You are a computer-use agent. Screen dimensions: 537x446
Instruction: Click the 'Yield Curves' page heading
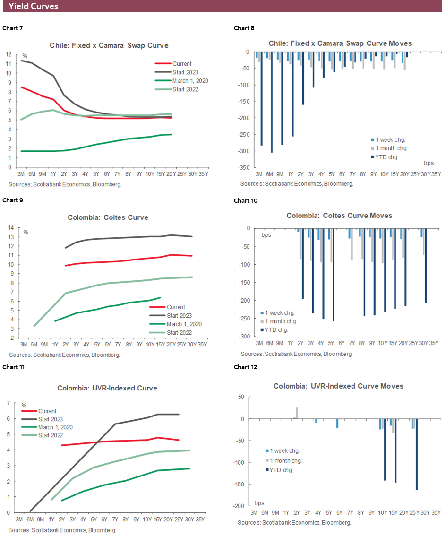click(x=34, y=7)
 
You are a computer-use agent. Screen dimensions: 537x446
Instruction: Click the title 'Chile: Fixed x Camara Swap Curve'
click(x=109, y=45)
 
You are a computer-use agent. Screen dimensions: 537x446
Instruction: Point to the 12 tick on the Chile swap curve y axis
click(x=8, y=54)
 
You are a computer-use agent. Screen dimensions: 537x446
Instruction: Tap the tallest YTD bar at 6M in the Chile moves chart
click(x=272, y=102)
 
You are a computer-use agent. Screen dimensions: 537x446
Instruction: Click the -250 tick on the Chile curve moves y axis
click(x=245, y=135)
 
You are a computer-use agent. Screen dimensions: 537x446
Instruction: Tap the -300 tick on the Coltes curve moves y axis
click(x=245, y=336)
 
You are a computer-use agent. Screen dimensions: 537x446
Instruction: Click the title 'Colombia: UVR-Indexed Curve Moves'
click(x=338, y=386)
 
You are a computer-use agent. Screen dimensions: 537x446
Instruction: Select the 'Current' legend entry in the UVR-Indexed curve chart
click(x=47, y=411)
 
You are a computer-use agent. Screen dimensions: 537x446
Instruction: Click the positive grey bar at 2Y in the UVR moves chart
click(x=297, y=413)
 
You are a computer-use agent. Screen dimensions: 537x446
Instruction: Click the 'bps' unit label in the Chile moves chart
click(x=429, y=163)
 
